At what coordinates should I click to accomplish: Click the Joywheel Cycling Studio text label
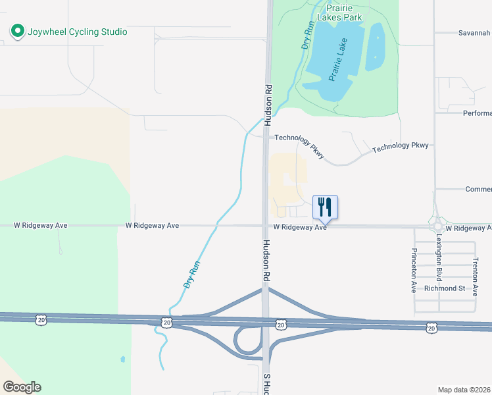(x=76, y=32)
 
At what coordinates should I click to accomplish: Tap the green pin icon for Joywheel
(x=16, y=31)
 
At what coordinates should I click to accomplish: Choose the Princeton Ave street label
(x=414, y=271)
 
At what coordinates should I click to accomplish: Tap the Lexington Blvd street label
(x=439, y=262)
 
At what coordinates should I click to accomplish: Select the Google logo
(x=22, y=387)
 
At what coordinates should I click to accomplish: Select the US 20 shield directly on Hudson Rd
(x=281, y=324)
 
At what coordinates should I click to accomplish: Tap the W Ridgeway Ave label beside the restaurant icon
(x=300, y=227)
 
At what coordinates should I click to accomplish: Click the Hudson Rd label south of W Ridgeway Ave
(x=266, y=261)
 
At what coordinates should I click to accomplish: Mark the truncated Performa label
(x=477, y=113)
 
